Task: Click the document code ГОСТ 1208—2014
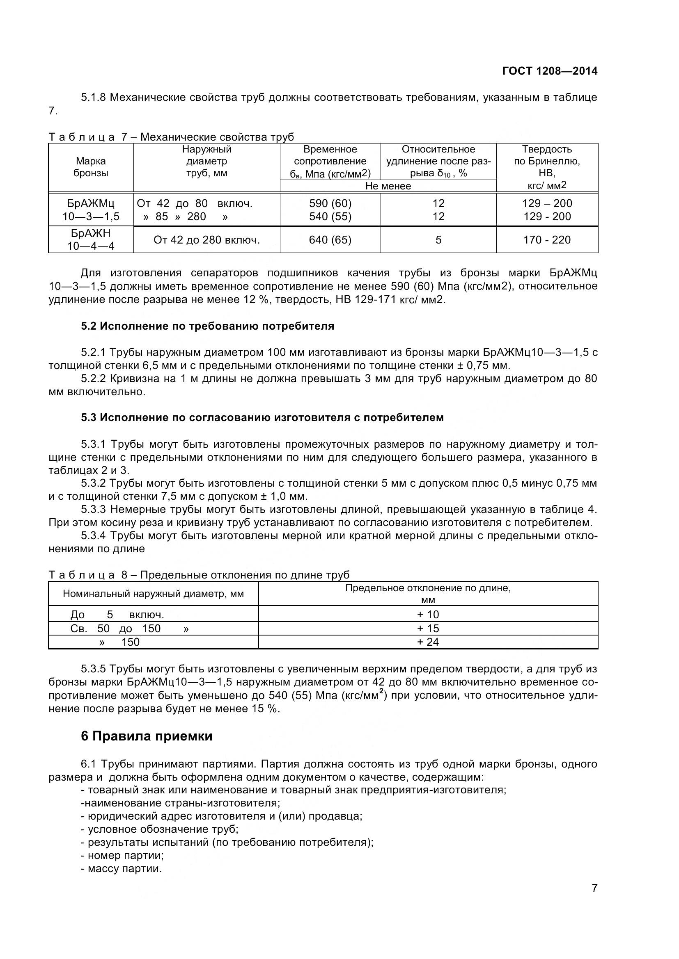click(x=549, y=71)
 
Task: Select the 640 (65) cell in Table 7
click(x=330, y=240)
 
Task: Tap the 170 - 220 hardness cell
click(x=546, y=240)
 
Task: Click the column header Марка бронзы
click(x=91, y=167)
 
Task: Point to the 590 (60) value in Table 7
click(x=330, y=203)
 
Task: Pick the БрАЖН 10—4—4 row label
click(x=91, y=239)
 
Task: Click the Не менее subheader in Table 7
click(x=388, y=186)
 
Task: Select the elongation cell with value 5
click(x=438, y=240)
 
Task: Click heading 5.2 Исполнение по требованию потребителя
click(x=207, y=326)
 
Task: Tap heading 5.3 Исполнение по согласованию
click(x=262, y=418)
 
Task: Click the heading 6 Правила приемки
click(x=146, y=736)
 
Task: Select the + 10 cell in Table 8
click(x=428, y=615)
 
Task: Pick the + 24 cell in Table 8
click(x=428, y=642)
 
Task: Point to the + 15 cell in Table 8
click(x=428, y=629)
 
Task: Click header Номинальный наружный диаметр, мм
click(x=153, y=594)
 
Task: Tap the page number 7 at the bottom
click(x=594, y=900)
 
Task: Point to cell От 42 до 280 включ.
click(x=206, y=240)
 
